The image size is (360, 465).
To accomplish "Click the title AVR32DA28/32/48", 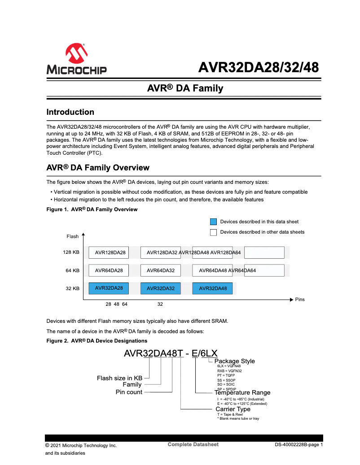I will click(x=259, y=68).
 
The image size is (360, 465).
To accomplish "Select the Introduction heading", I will click(x=70, y=112).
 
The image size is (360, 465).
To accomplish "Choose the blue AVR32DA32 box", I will click(x=160, y=288).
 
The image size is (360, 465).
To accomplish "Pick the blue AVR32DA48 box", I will click(x=212, y=288).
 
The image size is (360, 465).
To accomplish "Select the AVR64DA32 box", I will click(x=160, y=271).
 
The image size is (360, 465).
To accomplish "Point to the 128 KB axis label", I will click(x=71, y=252).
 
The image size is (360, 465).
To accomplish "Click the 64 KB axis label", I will click(x=72, y=270).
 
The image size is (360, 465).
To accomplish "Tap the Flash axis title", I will click(x=72, y=236).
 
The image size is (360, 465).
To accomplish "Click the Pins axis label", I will click(x=299, y=299).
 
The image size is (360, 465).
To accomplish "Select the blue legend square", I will click(x=214, y=222).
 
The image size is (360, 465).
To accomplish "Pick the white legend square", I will click(x=214, y=232).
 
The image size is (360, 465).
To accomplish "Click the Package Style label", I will click(x=234, y=361).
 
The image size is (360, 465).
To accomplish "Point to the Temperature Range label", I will click(x=242, y=393).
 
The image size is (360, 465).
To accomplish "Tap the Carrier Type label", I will click(x=233, y=409).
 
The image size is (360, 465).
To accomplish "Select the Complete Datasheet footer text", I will click(x=193, y=444).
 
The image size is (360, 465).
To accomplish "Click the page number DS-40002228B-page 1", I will click(x=299, y=445).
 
